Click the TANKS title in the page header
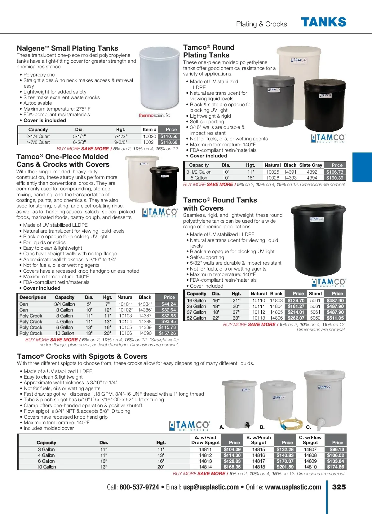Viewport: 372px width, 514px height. [324, 22]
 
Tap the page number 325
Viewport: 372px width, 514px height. [339, 487]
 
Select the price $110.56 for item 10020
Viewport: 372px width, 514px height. [169, 136]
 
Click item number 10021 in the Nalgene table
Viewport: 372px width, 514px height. [149, 142]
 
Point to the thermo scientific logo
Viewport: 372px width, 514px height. [154, 115]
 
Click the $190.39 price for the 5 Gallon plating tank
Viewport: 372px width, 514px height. [335, 178]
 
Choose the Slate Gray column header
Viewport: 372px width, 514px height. [311, 165]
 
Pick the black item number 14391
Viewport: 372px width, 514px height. [290, 172]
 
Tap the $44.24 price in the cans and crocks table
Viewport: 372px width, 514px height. [169, 304]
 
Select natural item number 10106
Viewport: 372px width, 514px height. [125, 333]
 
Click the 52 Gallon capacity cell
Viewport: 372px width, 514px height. [196, 318]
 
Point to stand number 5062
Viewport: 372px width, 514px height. [315, 318]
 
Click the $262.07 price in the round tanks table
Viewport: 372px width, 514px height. [296, 318]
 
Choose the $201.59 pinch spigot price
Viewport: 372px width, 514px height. [285, 467]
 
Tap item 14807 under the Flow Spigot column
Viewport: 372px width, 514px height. [310, 449]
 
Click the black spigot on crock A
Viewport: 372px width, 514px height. [247, 425]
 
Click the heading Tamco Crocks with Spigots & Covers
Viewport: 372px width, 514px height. [82, 356]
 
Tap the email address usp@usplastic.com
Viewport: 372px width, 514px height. [211, 487]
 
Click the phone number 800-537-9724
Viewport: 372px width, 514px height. [139, 487]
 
